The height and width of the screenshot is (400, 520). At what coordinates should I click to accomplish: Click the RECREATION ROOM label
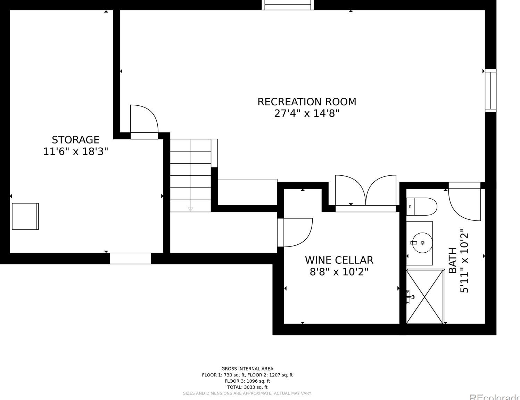306,102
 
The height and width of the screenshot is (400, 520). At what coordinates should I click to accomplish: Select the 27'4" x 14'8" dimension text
306,113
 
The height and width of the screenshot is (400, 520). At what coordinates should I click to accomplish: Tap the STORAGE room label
75,140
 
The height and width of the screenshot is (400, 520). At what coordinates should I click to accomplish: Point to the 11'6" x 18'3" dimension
75,151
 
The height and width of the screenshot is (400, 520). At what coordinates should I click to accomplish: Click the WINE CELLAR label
339,260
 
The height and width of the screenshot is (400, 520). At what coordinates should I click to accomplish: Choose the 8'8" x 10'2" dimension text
339,271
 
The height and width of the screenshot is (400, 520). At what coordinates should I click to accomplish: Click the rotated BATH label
453,260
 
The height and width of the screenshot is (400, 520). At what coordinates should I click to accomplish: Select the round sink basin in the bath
422,243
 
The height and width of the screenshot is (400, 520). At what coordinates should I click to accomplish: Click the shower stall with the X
425,297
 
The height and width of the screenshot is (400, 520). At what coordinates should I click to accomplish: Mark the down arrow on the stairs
190,209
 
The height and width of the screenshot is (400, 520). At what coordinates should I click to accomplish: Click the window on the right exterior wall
490,90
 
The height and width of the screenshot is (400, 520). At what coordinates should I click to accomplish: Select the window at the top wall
288,5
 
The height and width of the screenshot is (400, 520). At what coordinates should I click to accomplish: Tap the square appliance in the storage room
25,216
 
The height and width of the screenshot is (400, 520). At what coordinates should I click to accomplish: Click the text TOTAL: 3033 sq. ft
247,387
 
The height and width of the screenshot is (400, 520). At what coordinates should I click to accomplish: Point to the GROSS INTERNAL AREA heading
247,369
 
